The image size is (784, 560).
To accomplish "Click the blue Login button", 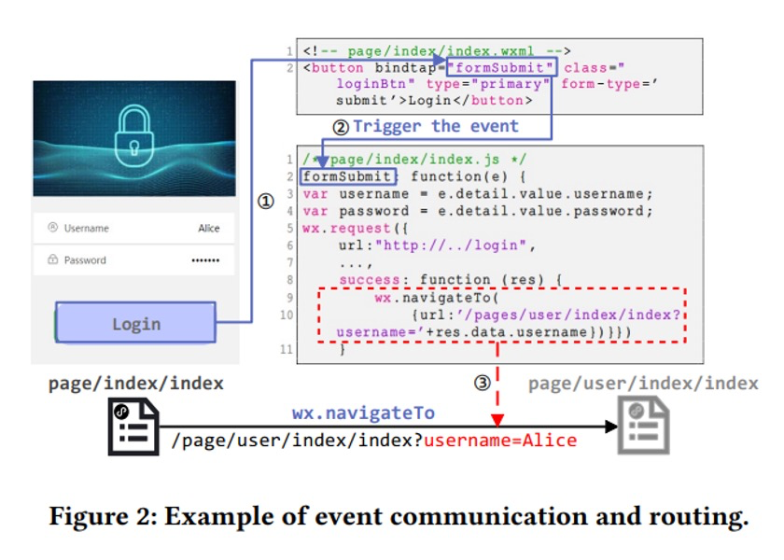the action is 135,323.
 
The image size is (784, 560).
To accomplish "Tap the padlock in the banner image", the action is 134,135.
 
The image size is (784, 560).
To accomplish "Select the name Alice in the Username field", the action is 208,228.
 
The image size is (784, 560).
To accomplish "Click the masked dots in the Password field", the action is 205,260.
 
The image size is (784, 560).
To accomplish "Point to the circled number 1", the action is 265,202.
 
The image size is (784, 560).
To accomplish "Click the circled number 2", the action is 341,127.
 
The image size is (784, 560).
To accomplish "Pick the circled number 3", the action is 482,384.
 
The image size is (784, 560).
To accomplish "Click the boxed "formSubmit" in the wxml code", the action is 501,67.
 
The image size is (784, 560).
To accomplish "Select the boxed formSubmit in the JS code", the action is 348,176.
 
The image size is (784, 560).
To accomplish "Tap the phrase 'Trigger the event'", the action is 436,126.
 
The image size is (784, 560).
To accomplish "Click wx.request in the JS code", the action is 347,229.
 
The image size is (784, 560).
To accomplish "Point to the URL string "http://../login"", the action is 451,245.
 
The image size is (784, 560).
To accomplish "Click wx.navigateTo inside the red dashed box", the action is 437,298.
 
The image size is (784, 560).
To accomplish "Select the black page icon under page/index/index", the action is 133,427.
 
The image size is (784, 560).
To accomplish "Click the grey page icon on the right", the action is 643,425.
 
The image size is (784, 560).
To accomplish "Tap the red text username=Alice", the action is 500,441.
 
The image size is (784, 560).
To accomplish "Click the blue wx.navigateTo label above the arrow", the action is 363,413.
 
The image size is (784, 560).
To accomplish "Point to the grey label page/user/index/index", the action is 643,384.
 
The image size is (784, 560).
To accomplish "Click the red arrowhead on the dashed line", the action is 497,420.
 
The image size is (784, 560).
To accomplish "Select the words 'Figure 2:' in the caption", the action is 104,515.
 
